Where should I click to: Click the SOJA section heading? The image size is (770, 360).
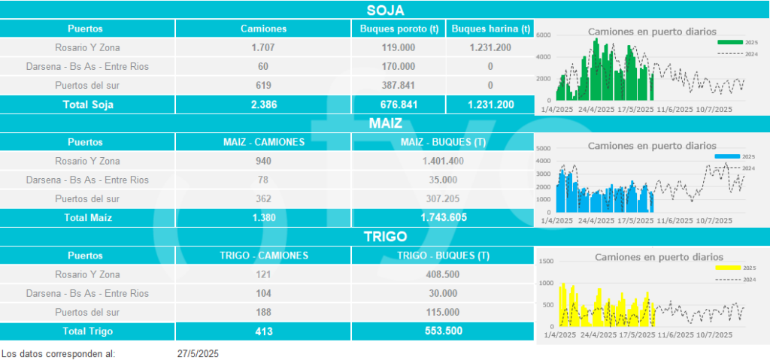[385, 10]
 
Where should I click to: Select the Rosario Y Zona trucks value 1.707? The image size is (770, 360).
[263, 47]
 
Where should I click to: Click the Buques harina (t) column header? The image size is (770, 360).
[490, 29]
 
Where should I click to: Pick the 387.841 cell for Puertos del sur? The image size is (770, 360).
[398, 85]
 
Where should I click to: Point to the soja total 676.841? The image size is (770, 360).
[398, 104]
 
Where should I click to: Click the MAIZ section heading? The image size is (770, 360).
[385, 123]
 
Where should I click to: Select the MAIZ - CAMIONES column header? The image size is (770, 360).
[263, 142]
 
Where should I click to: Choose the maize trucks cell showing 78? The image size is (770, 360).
[263, 180]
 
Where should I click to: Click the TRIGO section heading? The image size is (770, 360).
[385, 237]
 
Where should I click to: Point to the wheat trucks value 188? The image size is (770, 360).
[263, 312]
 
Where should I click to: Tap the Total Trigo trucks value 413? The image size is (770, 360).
[263, 331]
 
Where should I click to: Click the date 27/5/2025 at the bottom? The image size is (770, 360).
[198, 352]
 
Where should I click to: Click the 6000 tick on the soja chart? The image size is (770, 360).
[544, 35]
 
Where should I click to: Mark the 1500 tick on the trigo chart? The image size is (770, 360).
[547, 262]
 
